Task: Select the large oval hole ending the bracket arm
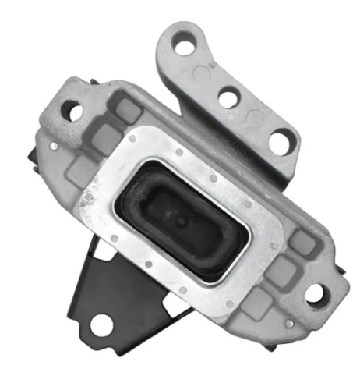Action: [x=279, y=141]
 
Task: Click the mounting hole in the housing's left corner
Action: [x=75, y=112]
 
